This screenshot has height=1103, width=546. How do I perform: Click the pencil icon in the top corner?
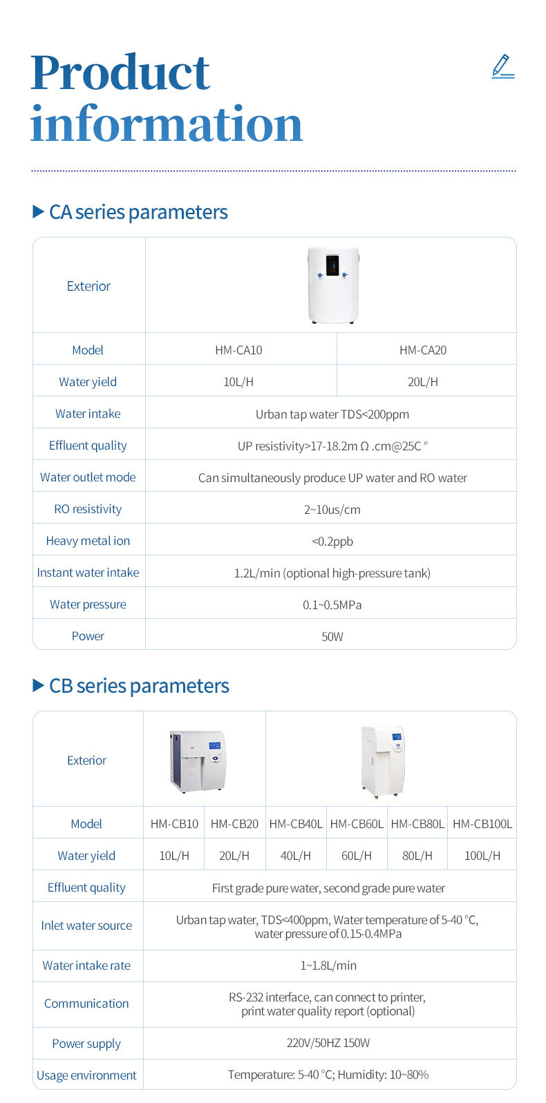[502, 66]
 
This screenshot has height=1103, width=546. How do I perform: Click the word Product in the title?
[120, 73]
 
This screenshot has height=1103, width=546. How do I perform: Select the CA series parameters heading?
[138, 212]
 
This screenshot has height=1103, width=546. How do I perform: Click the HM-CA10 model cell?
[238, 350]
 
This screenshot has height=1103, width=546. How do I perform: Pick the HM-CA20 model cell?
[423, 350]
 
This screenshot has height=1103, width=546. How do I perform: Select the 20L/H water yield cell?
[423, 382]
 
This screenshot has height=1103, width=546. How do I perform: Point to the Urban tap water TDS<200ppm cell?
[332, 414]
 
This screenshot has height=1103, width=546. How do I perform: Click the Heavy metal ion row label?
[88, 541]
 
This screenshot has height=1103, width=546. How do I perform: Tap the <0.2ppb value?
[332, 541]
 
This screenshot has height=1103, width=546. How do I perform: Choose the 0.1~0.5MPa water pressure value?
[332, 605]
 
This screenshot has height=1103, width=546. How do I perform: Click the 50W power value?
[332, 637]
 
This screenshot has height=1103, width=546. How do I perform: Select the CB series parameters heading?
[138, 686]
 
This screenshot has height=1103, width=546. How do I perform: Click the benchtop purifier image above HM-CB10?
[198, 760]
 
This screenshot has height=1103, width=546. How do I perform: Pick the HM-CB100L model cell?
[482, 824]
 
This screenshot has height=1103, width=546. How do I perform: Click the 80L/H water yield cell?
[417, 856]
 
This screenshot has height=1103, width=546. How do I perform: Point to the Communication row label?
[86, 1004]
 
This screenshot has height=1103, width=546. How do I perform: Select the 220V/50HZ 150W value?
[328, 1043]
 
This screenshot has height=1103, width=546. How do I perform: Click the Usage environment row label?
[86, 1075]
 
